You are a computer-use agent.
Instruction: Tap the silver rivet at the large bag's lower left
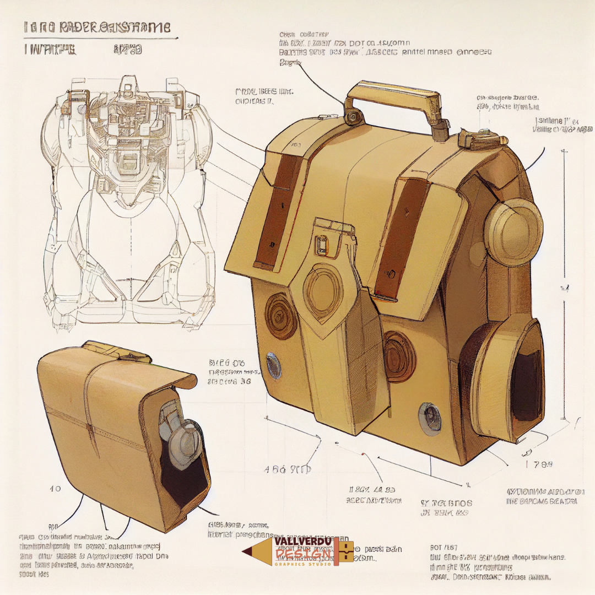[x=274, y=365]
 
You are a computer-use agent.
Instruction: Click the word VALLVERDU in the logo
[x=303, y=543]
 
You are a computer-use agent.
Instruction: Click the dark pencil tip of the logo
[x=246, y=551]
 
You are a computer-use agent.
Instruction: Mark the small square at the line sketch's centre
[x=128, y=161]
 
